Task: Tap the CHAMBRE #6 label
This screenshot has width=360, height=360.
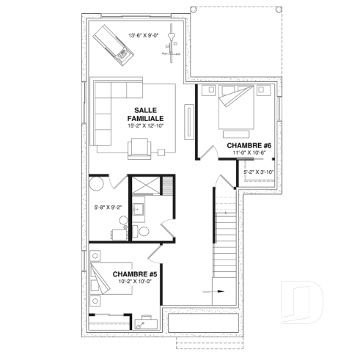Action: [249, 146]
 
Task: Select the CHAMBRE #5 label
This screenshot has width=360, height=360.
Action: [135, 274]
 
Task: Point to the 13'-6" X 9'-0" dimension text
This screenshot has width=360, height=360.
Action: [144, 34]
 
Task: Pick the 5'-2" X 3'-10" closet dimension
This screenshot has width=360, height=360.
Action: [258, 172]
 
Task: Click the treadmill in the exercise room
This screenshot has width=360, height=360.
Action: [114, 43]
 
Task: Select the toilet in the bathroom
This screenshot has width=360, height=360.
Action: [144, 231]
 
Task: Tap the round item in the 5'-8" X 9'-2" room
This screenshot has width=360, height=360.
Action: [98, 185]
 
